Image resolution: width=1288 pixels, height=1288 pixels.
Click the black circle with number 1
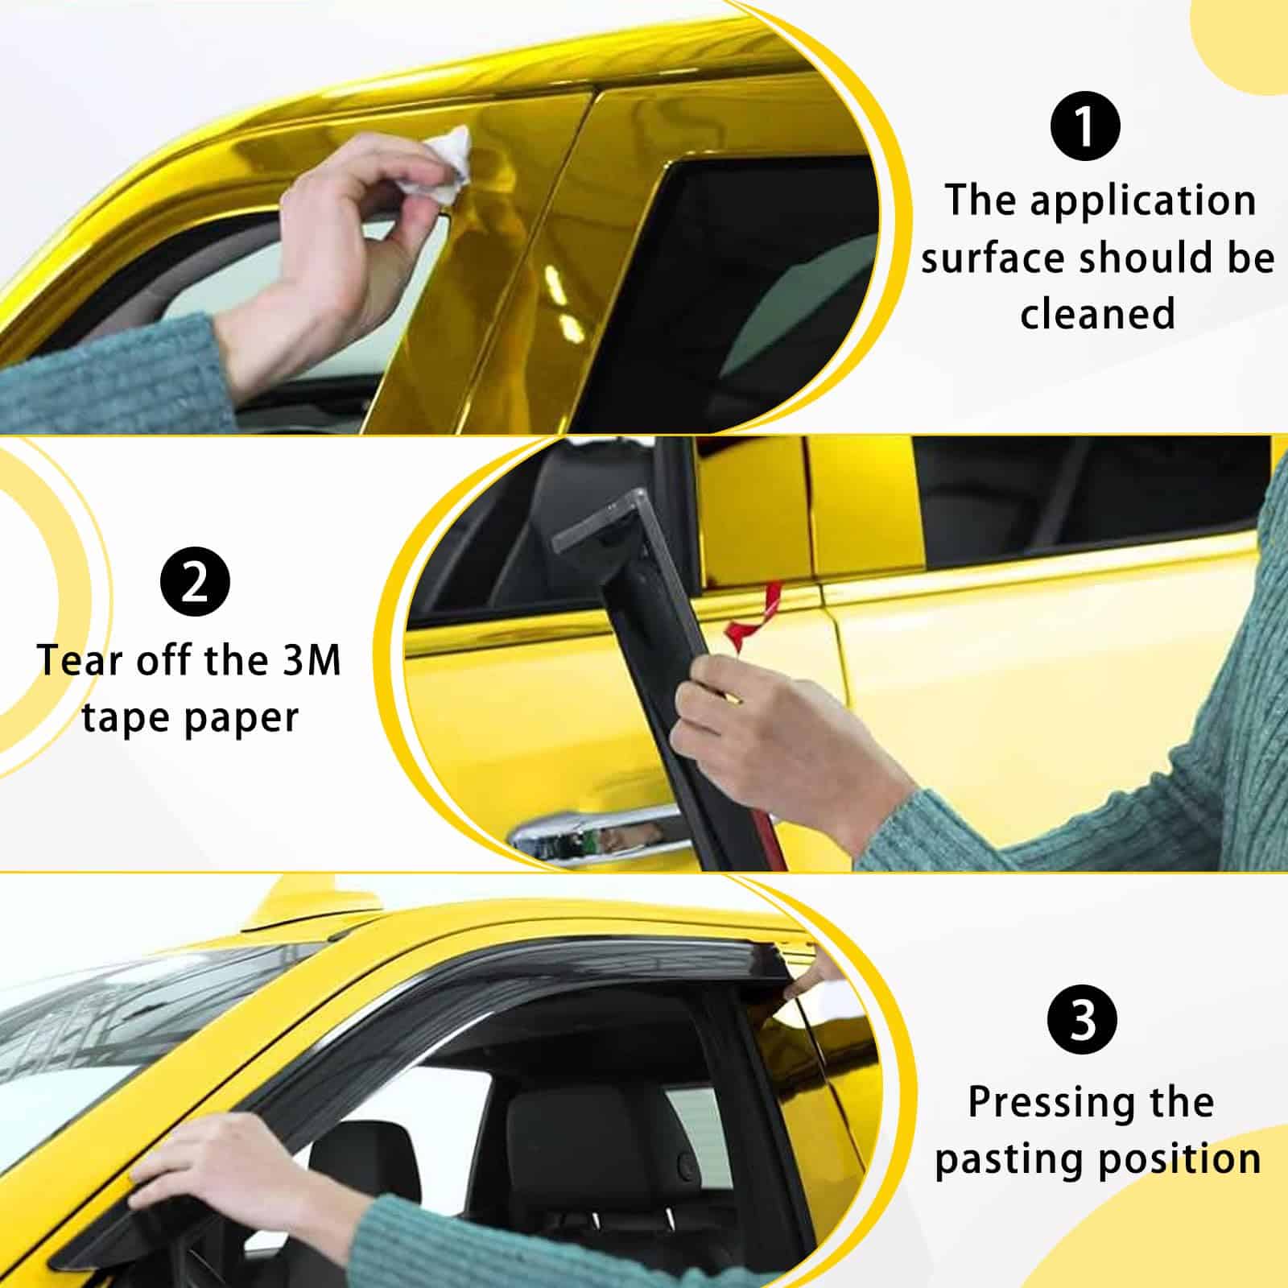point(1085,126)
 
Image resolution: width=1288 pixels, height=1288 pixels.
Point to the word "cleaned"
point(1097,314)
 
